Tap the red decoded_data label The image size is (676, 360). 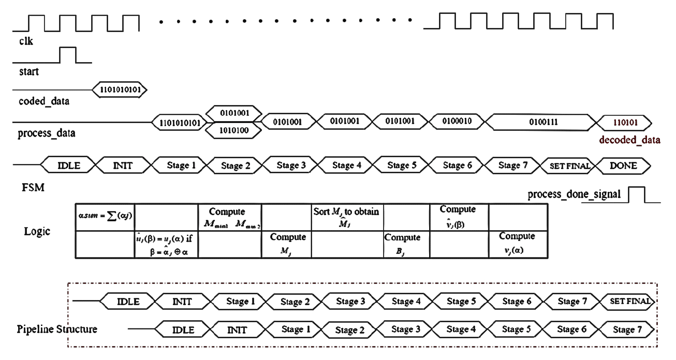[x=629, y=140]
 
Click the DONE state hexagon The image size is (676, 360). [x=623, y=166]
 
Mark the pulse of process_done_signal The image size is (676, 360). [x=637, y=194]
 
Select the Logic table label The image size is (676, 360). [x=37, y=231]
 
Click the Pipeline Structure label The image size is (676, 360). [x=57, y=329]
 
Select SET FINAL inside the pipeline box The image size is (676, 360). [x=629, y=301]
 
